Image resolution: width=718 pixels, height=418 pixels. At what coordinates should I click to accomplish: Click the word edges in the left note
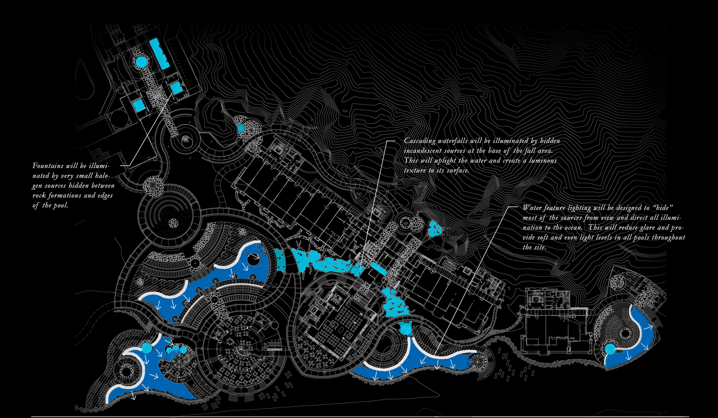105,196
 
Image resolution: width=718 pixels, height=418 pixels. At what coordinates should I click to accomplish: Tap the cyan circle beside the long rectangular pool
141,61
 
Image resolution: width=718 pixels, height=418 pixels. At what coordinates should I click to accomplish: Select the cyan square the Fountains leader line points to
176,87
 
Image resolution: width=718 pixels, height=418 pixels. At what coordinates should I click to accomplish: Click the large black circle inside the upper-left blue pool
253,260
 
